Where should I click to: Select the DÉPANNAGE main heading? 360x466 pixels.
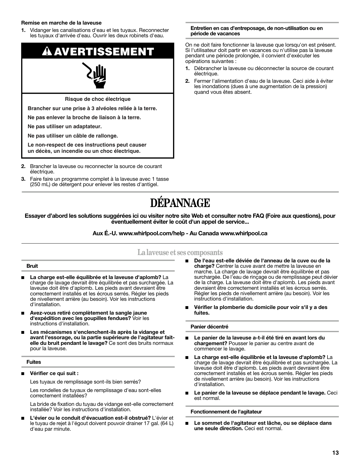click(180, 203)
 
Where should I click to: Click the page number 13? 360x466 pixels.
click(335, 453)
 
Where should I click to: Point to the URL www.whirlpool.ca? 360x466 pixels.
click(243, 234)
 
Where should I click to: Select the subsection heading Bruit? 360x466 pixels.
click(32, 266)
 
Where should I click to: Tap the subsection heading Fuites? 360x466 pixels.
click(34, 362)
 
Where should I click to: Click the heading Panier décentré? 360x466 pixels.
click(210, 327)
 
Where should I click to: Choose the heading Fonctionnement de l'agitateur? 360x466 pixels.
click(226, 412)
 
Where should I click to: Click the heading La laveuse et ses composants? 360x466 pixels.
click(180, 252)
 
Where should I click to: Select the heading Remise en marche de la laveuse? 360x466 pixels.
click(61, 23)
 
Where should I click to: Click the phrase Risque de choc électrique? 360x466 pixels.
click(98, 99)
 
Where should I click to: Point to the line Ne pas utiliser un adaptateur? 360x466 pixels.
click(65, 127)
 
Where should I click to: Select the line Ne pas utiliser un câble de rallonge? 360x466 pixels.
click(73, 136)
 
